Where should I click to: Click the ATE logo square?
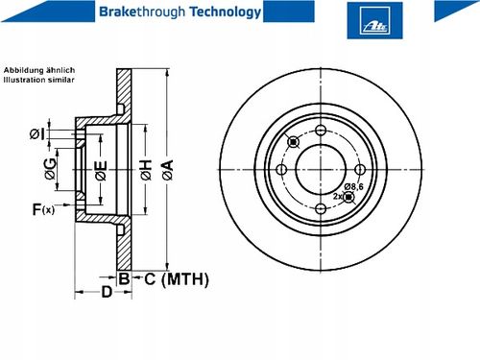pyautogui.click(x=374, y=20)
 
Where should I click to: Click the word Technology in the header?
pyautogui.click(x=226, y=12)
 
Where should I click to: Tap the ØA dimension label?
pyautogui.click(x=168, y=170)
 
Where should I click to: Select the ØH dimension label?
pyautogui.click(x=146, y=170)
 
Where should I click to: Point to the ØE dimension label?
pyautogui.click(x=101, y=170)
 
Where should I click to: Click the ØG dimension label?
pyautogui.click(x=50, y=169)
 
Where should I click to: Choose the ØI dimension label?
pyautogui.click(x=37, y=134)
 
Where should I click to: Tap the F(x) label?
pyautogui.click(x=43, y=209)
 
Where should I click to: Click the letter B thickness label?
pyautogui.click(x=124, y=278)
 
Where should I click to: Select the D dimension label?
pyautogui.click(x=107, y=292)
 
